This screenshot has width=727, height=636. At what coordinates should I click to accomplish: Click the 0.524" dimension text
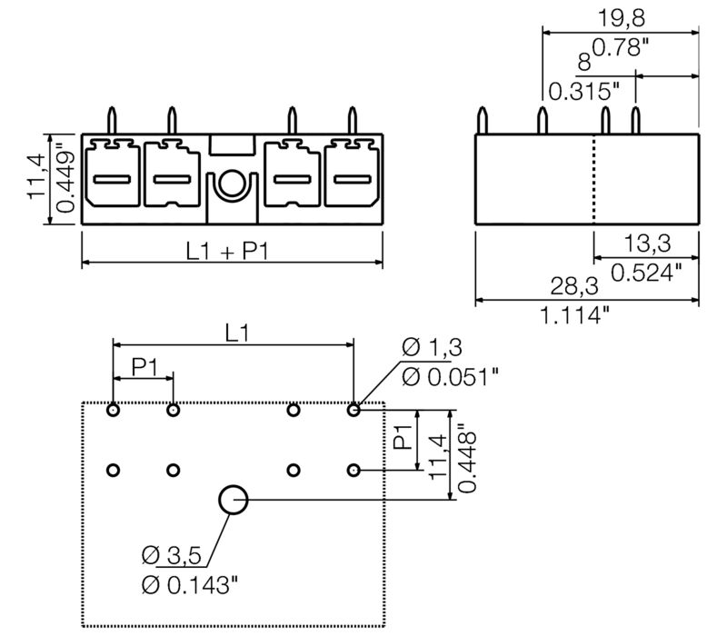click(x=646, y=271)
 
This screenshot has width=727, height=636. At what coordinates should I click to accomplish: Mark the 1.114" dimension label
click(x=574, y=315)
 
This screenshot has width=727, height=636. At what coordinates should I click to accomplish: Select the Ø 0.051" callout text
click(x=450, y=374)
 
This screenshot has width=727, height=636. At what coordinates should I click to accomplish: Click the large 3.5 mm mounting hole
click(x=234, y=499)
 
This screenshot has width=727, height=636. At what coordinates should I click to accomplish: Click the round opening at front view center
click(x=233, y=184)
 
